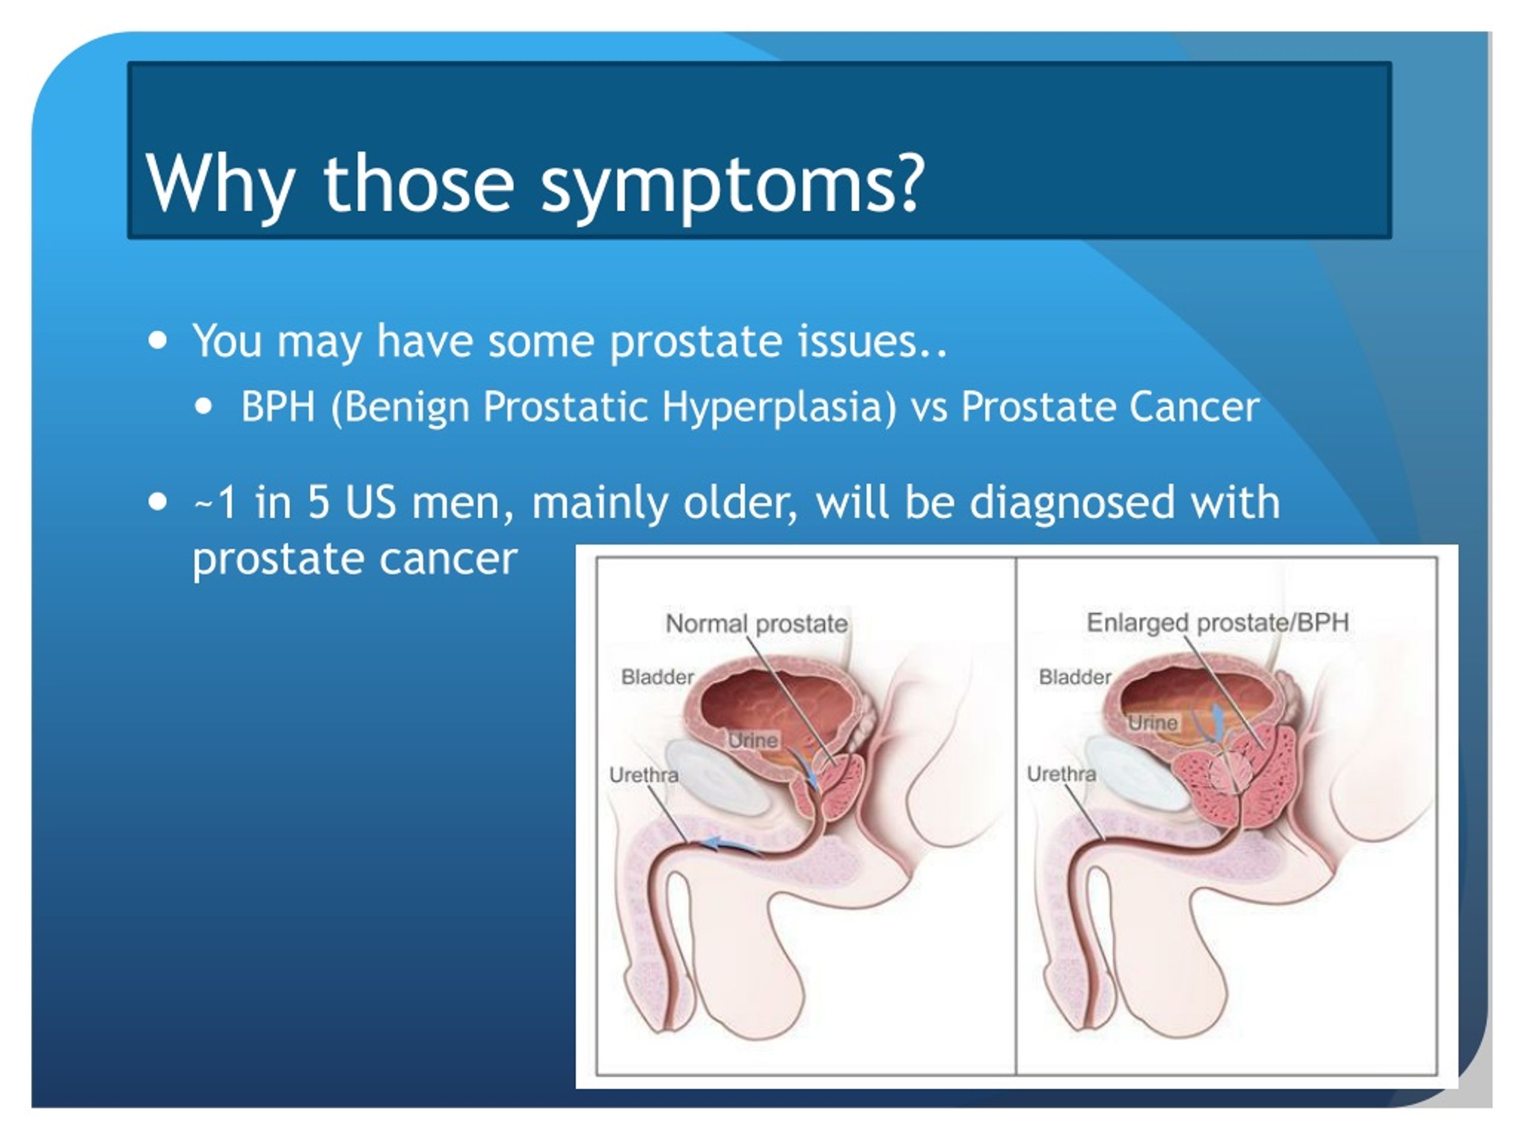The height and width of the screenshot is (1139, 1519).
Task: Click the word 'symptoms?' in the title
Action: point(732,184)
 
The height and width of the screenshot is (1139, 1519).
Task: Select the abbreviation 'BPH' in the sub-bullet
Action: point(278,406)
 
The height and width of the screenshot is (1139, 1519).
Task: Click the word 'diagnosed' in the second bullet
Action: point(1072,502)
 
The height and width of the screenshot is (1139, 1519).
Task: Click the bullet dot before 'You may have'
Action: point(158,341)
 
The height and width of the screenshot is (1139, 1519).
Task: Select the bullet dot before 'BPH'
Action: point(204,406)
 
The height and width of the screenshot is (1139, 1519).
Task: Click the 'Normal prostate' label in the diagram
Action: point(757,623)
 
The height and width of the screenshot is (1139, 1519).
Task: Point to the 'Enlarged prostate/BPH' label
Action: point(1218,623)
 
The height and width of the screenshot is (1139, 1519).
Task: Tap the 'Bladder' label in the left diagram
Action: point(657,677)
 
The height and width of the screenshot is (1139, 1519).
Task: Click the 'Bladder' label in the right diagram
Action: point(1075,677)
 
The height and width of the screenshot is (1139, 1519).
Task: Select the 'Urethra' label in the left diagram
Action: point(643,775)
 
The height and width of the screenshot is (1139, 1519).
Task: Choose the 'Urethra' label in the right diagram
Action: point(1061,774)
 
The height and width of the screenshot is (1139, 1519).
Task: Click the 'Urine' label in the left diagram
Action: point(754,741)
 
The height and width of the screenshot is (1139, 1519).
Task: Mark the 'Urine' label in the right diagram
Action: point(1153,723)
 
